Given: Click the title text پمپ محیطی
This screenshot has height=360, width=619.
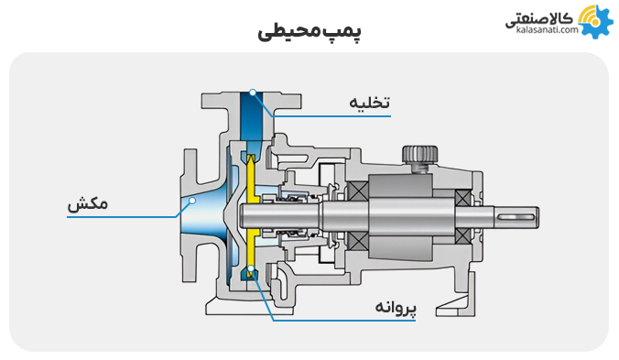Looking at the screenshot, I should pos(309,32).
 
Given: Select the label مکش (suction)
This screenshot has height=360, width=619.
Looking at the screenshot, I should pos(88,204).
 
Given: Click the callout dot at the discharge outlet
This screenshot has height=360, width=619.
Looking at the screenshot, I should pos(252,93).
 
